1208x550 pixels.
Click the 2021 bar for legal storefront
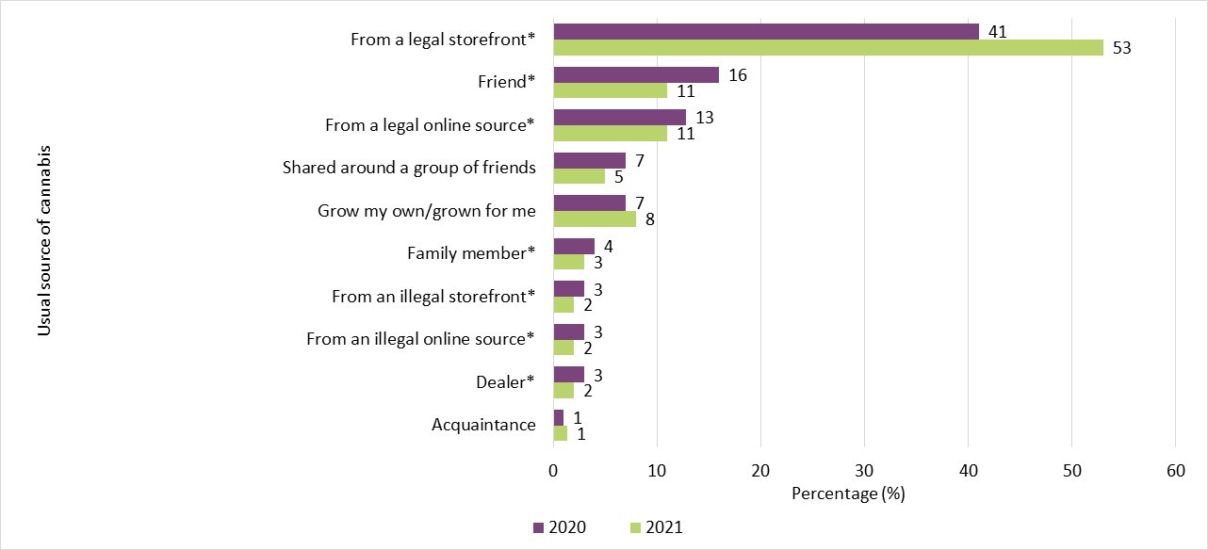[827, 48]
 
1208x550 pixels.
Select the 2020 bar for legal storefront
[766, 31]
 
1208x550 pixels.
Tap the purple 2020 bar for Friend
[636, 74]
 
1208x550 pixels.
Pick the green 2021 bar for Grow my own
[595, 219]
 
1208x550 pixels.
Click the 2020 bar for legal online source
[619, 117]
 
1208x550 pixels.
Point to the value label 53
[1121, 48]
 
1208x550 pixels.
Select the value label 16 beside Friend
[738, 74]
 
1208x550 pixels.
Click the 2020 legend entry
[560, 526]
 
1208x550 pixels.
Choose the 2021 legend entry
[656, 526]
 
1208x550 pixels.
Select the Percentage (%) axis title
[847, 493]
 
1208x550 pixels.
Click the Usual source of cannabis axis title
[43, 240]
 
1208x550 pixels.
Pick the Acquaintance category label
[483, 425]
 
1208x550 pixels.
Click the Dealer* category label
[505, 381]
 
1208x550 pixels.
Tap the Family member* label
[471, 253]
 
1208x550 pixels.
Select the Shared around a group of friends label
[409, 168]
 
